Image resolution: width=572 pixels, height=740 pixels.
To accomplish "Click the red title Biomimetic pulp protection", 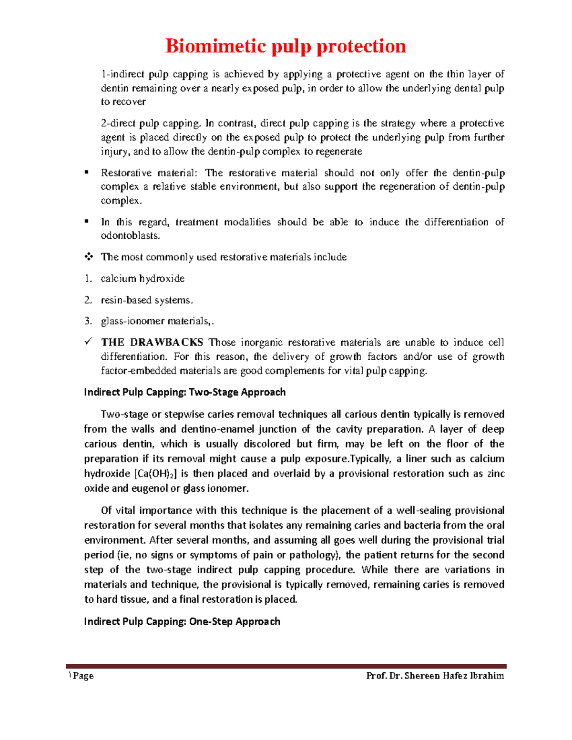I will coord(286,46).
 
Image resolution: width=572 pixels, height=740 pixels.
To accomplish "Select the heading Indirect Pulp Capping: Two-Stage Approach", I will coord(185,392).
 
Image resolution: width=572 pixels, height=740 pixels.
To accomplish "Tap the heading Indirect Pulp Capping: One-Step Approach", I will coord(182,621).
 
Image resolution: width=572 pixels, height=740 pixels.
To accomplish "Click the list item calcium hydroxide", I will coord(143,278).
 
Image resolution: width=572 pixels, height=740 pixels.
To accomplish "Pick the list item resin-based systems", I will coord(147,300).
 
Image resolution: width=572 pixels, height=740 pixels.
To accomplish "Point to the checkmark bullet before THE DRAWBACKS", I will coord(88,342).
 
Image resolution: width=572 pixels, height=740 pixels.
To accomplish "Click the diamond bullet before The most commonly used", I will coord(88,257).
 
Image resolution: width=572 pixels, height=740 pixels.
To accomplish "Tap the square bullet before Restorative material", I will coord(87,172).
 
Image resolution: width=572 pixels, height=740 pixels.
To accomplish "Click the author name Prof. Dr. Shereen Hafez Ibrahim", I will coord(435,676).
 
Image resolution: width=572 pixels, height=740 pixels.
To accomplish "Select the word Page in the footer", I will coord(83,676).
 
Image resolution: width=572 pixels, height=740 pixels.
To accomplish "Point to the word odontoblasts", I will coord(130,236).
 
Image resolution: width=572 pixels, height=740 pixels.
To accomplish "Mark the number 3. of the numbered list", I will coord(88,322).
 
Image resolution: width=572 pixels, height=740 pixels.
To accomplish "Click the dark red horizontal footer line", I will coord(286,666).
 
